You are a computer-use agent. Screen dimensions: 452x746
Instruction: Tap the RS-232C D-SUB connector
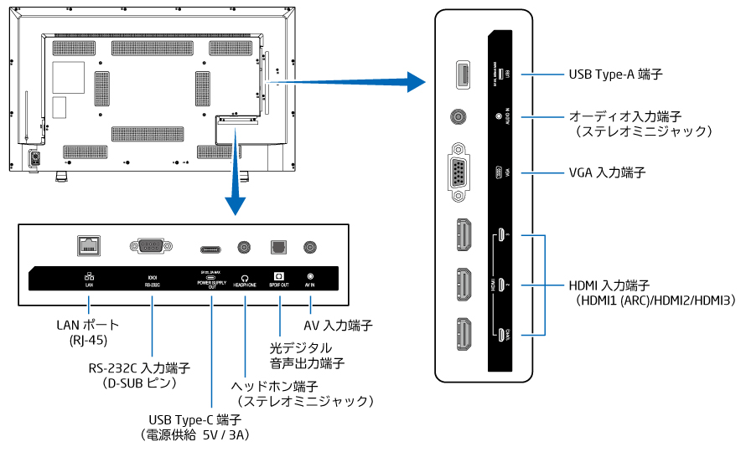151,247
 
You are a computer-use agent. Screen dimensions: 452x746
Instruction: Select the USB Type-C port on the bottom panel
212,249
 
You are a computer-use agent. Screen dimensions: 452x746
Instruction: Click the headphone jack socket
245,248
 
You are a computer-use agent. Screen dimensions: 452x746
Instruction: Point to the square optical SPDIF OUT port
277,248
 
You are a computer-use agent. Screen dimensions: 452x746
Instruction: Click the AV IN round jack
311,248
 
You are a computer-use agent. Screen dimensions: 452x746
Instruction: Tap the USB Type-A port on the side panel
460,76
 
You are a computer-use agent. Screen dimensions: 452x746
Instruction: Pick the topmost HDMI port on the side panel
460,235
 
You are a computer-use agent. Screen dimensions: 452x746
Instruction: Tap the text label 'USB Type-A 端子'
615,75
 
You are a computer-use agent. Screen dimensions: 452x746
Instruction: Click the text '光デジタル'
301,347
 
